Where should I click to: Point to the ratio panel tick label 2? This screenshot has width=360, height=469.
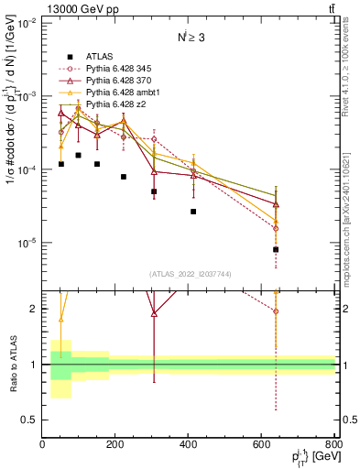click(x=35, y=309)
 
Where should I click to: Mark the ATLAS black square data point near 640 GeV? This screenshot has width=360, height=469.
click(x=276, y=249)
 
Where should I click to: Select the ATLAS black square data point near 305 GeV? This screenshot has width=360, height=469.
click(x=154, y=191)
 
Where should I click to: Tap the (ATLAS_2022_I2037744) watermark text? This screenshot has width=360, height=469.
click(x=189, y=274)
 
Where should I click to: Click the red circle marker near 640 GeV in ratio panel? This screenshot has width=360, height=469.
click(x=276, y=311)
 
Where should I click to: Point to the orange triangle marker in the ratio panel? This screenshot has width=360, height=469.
click(x=61, y=320)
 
